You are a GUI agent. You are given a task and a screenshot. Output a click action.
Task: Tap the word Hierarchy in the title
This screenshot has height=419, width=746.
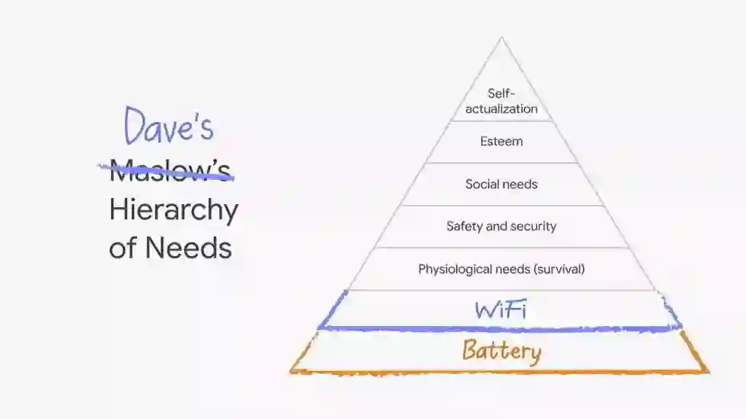(x=174, y=210)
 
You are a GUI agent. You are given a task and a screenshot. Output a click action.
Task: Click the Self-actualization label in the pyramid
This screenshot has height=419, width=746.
(x=502, y=101)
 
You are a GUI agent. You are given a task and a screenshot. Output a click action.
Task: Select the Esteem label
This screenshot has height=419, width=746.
(x=502, y=142)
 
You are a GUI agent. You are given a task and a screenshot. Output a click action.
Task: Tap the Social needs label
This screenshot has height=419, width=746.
(x=502, y=184)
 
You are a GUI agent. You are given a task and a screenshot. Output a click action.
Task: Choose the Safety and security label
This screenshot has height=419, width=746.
(x=502, y=226)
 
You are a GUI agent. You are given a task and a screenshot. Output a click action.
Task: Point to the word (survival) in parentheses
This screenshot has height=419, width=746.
(x=558, y=269)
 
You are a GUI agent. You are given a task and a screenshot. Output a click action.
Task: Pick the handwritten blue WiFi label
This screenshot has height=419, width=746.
(x=501, y=310)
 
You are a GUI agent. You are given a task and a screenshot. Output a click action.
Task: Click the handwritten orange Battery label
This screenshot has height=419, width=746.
(x=502, y=351)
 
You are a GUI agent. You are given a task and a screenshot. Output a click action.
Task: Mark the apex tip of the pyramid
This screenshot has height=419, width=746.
(x=502, y=38)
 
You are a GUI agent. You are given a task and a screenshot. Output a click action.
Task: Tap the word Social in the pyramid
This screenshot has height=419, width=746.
(x=480, y=184)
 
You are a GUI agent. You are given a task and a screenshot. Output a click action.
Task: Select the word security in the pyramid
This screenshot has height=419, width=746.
(x=534, y=226)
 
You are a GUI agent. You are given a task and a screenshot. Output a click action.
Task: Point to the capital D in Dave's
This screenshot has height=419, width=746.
(x=136, y=126)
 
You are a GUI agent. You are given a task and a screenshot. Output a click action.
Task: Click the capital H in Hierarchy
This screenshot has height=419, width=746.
(x=118, y=209)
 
